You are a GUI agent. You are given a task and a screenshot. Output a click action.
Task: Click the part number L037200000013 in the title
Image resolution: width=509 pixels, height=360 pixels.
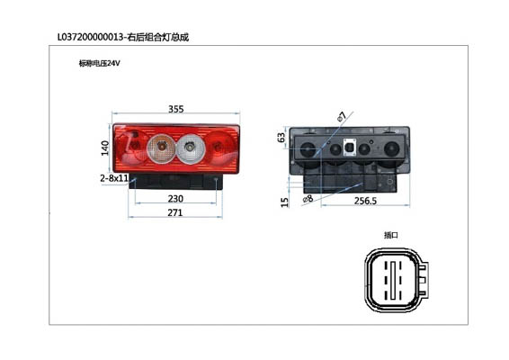tap(91, 37)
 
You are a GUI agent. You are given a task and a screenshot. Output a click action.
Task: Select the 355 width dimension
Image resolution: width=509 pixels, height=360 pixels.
tap(176, 109)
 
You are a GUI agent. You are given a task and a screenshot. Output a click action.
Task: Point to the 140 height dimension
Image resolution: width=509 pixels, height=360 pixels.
tap(105, 148)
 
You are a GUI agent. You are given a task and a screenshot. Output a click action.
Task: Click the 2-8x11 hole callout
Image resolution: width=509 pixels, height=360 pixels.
tap(114, 178)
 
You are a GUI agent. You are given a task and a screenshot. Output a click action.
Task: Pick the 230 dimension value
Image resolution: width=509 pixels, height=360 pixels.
tap(175, 199)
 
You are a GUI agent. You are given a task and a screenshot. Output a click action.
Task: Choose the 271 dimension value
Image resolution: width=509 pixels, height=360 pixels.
tap(175, 212)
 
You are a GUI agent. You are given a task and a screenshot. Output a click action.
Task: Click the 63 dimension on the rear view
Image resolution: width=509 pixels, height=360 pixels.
tap(281, 138)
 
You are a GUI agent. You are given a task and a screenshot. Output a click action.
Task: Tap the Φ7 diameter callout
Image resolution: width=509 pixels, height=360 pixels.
tap(342, 116)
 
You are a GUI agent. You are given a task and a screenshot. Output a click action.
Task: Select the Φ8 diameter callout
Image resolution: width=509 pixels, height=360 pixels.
tap(308, 198)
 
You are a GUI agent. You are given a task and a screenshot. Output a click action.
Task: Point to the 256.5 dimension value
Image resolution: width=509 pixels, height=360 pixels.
tap(365, 201)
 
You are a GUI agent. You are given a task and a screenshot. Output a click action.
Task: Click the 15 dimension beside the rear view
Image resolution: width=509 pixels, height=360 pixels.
tap(284, 202)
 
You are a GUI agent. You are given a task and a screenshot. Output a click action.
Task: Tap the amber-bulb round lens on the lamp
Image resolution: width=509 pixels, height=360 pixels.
tap(161, 148)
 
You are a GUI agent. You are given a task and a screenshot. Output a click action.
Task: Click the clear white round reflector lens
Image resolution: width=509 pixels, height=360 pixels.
tap(191, 148)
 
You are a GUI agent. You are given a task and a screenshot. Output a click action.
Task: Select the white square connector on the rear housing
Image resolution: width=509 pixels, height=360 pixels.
tap(350, 148)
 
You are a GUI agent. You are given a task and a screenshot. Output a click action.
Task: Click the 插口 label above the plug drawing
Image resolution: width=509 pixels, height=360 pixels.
tap(391, 235)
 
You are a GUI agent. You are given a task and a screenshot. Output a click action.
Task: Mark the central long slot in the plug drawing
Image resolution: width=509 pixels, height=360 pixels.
tap(393, 280)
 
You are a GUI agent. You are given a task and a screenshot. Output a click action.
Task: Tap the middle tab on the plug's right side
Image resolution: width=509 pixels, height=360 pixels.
tap(423, 280)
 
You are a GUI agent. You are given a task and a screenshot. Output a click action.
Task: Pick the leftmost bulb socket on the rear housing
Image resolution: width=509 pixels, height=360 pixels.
tap(308, 149)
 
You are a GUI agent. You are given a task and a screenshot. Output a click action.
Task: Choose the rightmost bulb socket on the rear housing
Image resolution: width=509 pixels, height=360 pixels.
tap(391, 149)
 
